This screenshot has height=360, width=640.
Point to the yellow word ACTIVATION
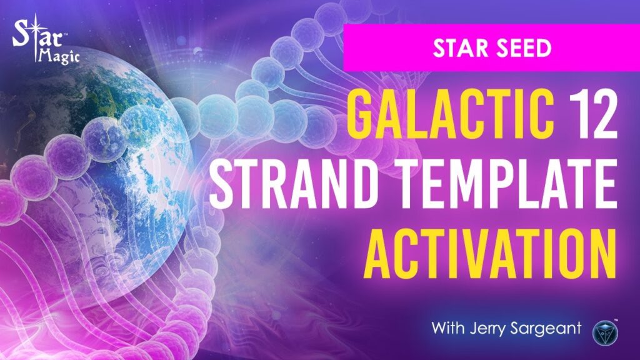(490, 254)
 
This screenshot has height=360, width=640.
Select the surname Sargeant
(546, 329)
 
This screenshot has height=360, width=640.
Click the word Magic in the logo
(59, 55)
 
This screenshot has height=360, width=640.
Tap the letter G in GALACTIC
(362, 116)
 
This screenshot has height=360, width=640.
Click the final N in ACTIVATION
(601, 254)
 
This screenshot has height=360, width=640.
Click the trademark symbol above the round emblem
(616, 321)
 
